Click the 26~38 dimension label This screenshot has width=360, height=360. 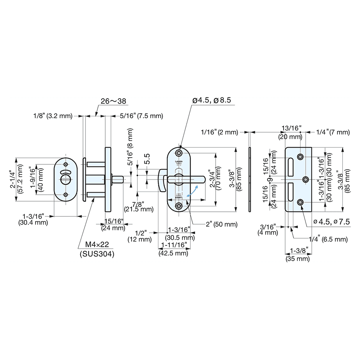click(113, 102)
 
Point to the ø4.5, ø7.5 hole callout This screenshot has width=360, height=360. click(332, 221)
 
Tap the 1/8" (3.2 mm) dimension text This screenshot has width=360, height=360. click(53, 116)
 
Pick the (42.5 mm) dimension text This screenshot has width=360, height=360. click(174, 253)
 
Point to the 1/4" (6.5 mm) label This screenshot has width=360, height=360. click(328, 239)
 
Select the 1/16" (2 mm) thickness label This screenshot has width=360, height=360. click(219, 132)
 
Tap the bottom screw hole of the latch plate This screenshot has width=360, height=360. click(179, 206)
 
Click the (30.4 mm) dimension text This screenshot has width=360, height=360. click(33, 222)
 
